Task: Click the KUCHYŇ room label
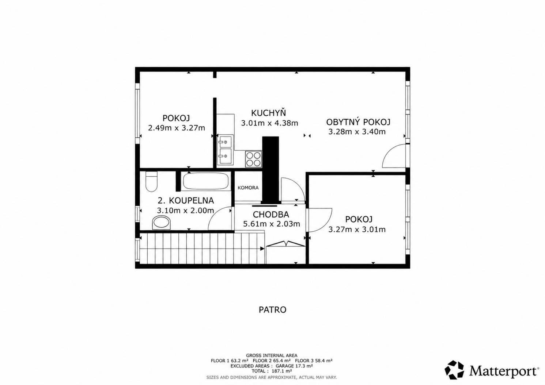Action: (x=268, y=113)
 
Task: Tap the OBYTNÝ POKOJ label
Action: (x=358, y=122)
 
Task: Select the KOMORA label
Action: (x=248, y=188)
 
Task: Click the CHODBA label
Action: (x=271, y=215)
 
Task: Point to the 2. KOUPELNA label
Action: (x=186, y=201)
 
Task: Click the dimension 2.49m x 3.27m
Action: (x=177, y=128)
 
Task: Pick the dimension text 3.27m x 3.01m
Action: (x=357, y=229)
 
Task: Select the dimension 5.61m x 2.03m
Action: (x=271, y=224)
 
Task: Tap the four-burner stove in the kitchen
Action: (x=253, y=159)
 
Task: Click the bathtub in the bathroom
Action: (x=206, y=181)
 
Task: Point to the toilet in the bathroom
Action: (x=151, y=181)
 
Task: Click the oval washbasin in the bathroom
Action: (x=161, y=223)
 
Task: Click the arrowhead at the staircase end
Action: (x=262, y=249)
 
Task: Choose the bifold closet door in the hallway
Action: (x=285, y=244)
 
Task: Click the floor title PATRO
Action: (x=273, y=310)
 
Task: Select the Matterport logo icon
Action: (x=454, y=370)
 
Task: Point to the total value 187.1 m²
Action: (x=282, y=371)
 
